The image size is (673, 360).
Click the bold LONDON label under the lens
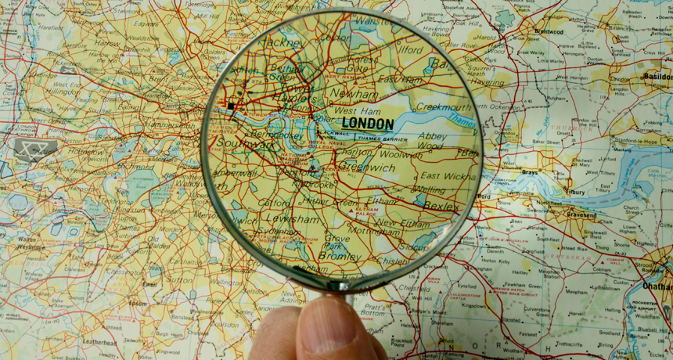click(x=368, y=124)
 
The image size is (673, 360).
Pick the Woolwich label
click(x=400, y=156)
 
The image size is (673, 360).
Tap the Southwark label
click(x=246, y=144)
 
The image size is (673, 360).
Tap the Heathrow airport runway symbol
click(x=36, y=147)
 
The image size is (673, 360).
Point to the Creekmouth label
click(x=443, y=107)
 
